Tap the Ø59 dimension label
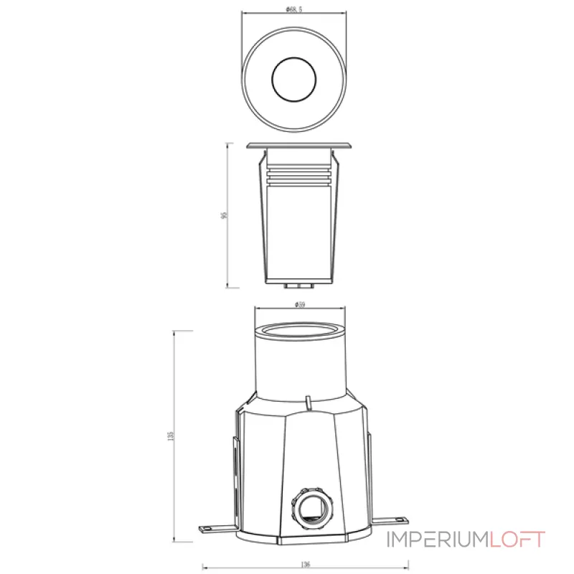[x=300, y=304]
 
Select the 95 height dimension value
[x=225, y=215]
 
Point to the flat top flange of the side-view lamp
[x=299, y=145]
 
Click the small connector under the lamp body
[x=299, y=285]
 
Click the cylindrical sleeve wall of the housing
[x=299, y=366]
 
